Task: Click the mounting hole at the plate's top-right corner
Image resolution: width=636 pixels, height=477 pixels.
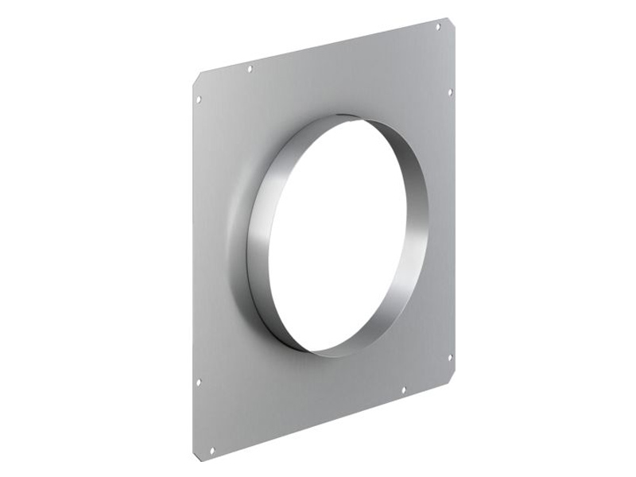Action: (x=438, y=27)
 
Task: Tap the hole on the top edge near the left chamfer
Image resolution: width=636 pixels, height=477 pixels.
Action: (x=250, y=69)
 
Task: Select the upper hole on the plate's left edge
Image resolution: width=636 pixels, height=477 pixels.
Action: (x=198, y=99)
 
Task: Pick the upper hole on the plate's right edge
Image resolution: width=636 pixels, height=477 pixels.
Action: (x=450, y=92)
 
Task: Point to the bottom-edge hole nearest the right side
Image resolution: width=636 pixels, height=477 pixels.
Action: (x=403, y=390)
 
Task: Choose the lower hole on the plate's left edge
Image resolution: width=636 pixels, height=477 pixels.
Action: (x=199, y=382)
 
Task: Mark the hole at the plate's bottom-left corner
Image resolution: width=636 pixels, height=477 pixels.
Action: (x=211, y=433)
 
